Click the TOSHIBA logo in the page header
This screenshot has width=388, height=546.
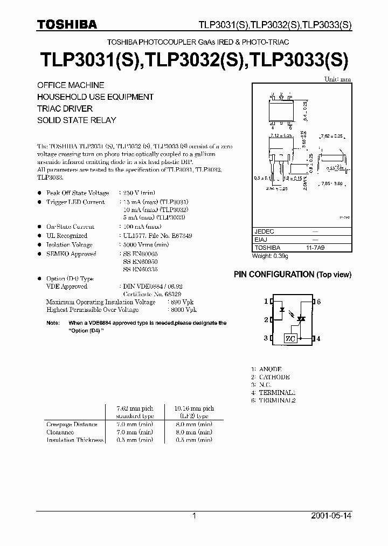[67, 24]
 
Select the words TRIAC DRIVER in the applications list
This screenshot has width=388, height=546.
[65, 108]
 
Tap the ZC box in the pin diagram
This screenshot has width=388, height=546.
[290, 338]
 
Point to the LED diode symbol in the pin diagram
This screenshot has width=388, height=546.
[281, 311]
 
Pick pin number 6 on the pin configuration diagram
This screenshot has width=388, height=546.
[319, 302]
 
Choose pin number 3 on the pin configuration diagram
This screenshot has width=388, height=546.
[266, 338]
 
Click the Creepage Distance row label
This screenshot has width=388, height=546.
[72, 425]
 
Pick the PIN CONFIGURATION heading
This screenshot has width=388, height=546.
[292, 275]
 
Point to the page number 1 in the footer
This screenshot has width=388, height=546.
[194, 516]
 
